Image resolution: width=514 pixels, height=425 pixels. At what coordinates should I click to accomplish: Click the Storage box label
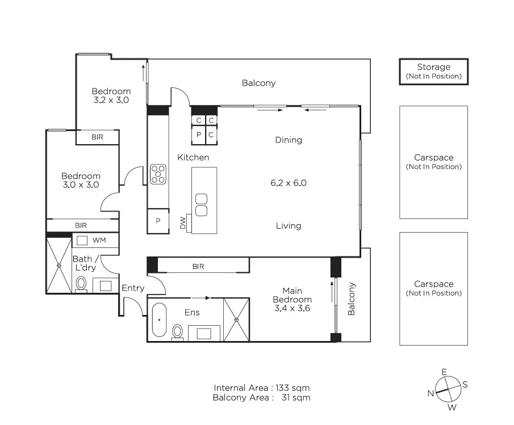point(433,71)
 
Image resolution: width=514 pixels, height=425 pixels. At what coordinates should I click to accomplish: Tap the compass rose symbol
point(448,389)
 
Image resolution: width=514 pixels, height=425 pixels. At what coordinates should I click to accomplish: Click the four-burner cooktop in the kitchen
point(158,174)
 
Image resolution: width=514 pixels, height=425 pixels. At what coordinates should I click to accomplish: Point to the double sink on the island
point(201,205)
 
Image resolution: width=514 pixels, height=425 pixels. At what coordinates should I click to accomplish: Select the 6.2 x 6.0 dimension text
point(289,183)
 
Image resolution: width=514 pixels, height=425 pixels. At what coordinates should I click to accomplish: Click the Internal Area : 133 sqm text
point(261,388)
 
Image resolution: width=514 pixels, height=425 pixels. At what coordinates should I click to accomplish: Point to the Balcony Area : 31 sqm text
point(261,398)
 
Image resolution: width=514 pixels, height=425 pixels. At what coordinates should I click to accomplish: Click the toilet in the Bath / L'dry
point(81,284)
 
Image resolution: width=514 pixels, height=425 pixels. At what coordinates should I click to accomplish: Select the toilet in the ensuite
point(178,331)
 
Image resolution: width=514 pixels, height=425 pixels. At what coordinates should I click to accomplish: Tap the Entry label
point(133,288)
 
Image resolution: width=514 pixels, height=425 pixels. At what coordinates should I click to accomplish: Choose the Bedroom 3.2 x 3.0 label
point(111,95)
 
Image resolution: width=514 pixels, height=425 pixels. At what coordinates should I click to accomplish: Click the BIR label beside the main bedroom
point(198,266)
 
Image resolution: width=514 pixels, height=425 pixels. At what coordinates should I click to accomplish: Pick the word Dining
point(289,140)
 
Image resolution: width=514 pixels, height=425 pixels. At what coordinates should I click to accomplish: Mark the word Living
point(289,226)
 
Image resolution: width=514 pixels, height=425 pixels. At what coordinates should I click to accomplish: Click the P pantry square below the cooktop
point(158,221)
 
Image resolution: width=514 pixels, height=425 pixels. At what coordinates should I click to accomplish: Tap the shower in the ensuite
point(236,319)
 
